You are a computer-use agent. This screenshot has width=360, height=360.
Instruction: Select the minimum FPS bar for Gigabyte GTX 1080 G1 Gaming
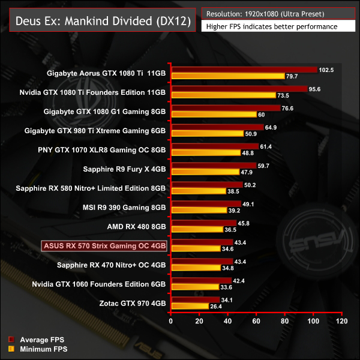click(214, 114)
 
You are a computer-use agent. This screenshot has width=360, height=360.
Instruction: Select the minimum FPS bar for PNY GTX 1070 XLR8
click(206, 152)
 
